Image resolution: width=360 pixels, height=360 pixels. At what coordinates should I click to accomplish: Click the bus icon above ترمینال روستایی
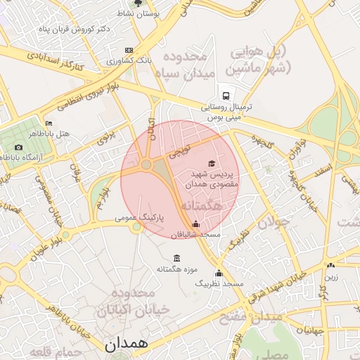[226, 95]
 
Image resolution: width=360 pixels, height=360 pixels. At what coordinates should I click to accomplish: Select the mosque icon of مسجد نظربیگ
[219, 273]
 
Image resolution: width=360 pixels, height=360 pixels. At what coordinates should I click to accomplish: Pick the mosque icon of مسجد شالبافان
[195, 224]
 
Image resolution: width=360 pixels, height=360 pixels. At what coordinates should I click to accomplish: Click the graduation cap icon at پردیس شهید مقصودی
[212, 163]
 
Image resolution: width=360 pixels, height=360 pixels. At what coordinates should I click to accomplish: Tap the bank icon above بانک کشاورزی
[129, 51]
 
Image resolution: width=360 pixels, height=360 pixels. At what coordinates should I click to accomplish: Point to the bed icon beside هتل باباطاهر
[48, 122]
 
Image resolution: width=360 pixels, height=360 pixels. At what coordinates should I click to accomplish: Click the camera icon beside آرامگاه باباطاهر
[18, 147]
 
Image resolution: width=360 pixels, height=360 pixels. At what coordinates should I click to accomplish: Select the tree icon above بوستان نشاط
[157, 4]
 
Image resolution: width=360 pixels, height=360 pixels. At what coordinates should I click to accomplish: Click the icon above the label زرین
[330, 266]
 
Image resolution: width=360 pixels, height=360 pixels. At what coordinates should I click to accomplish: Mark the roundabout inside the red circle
[146, 165]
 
